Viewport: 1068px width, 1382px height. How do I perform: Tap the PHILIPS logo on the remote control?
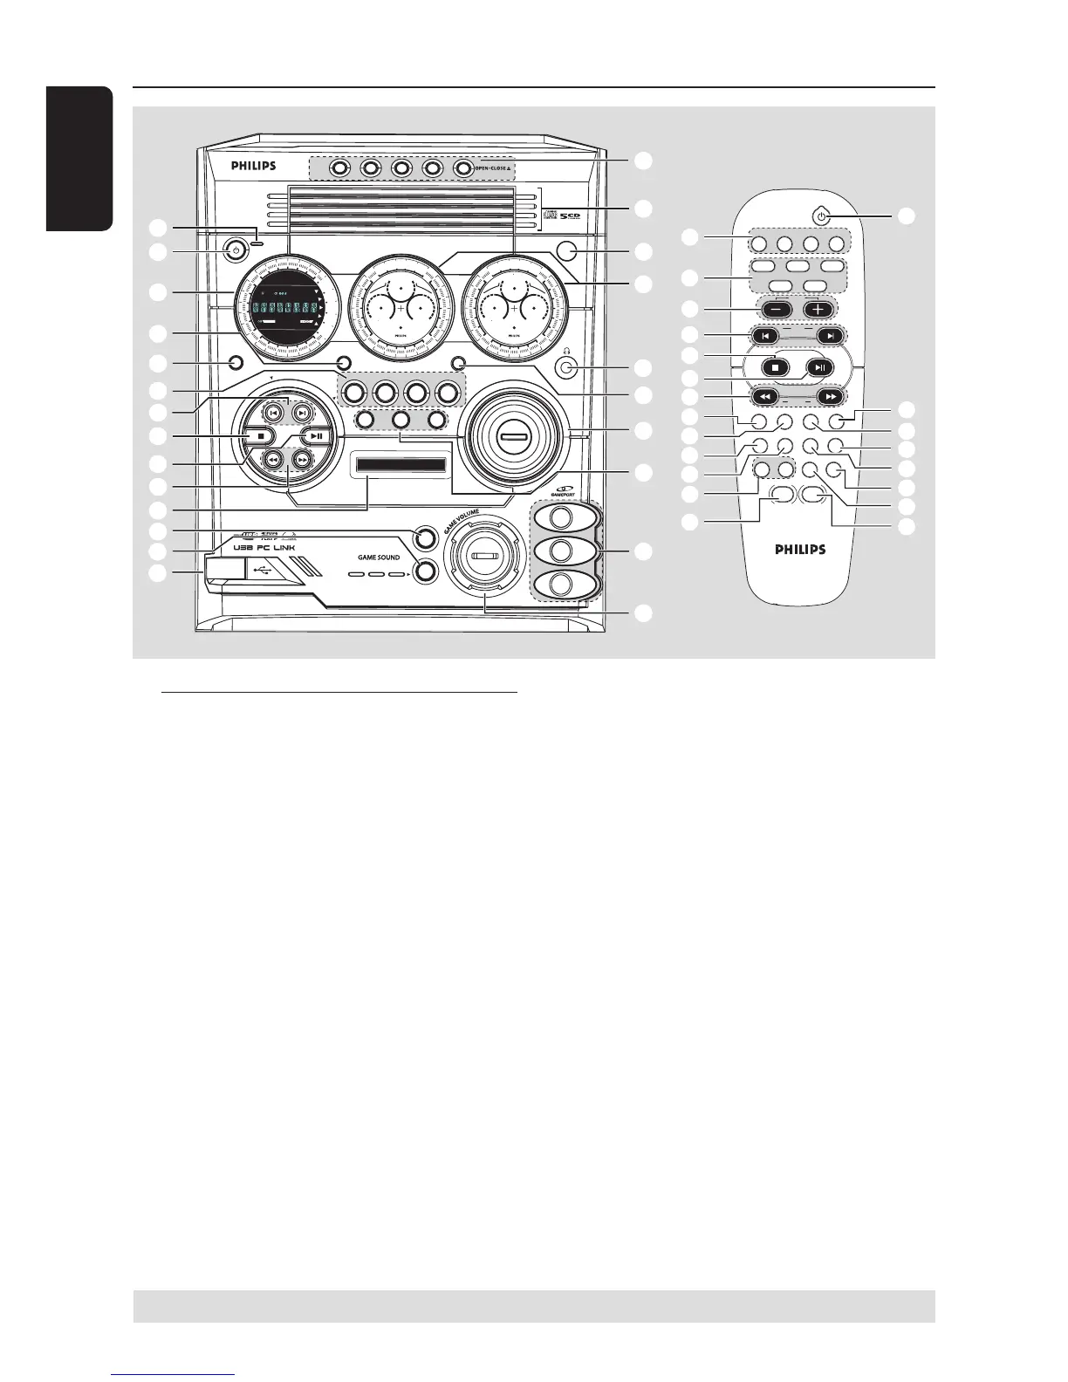(x=800, y=550)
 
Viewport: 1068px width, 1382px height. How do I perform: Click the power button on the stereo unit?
(x=233, y=251)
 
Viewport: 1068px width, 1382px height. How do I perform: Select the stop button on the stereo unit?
(x=260, y=435)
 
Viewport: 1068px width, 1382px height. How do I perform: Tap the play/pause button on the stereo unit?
(x=318, y=437)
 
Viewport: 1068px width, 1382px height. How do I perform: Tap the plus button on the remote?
(x=819, y=309)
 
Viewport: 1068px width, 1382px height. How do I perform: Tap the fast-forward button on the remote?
(x=828, y=395)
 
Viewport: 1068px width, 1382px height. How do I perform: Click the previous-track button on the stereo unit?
(x=273, y=413)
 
